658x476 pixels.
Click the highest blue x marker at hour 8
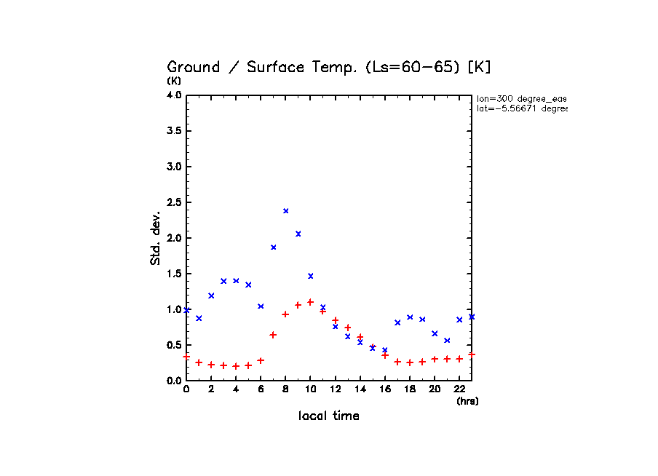tap(286, 211)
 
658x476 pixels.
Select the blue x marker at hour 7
tap(274, 247)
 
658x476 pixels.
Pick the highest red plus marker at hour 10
tap(311, 302)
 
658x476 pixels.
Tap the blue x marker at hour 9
tap(298, 234)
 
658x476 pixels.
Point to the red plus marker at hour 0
tap(186, 357)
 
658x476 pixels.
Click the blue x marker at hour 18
tap(410, 317)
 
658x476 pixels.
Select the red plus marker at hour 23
tap(472, 354)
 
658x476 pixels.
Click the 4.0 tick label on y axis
tap(174, 95)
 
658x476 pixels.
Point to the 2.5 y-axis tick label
tap(174, 202)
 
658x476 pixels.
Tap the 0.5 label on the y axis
tap(174, 345)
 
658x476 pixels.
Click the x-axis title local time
tap(329, 416)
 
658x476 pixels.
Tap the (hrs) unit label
tap(467, 401)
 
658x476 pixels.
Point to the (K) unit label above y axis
tap(174, 81)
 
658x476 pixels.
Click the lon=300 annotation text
tap(521, 98)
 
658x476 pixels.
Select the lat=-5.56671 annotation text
tap(521, 108)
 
